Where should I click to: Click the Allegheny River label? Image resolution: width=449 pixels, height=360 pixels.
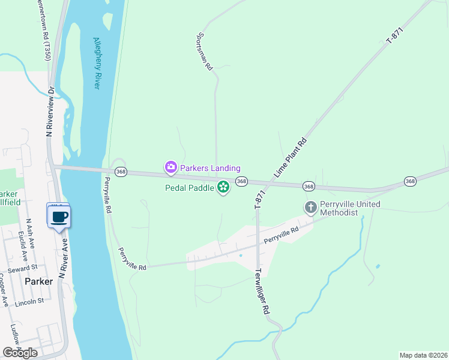click(96, 64)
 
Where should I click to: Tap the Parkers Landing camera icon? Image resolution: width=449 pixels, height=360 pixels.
click(170, 167)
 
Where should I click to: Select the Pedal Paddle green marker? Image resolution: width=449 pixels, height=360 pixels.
click(223, 188)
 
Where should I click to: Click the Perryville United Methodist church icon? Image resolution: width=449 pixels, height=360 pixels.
click(310, 207)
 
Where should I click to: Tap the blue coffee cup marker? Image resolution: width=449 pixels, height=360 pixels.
click(58, 216)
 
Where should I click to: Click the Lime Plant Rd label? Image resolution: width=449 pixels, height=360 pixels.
click(291, 158)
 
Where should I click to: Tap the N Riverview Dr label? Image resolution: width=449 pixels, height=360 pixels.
click(50, 112)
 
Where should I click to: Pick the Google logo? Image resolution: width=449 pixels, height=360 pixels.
click(20, 353)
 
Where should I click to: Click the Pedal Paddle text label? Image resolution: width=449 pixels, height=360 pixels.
click(190, 188)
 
